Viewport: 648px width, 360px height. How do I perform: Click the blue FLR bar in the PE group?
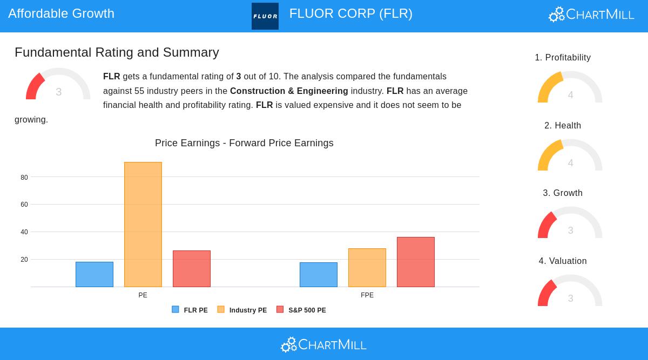point(94,274)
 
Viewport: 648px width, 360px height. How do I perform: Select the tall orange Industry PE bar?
point(143,225)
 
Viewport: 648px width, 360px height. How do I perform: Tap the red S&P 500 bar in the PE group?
point(192,269)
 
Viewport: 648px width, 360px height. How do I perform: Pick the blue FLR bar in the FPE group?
point(319,275)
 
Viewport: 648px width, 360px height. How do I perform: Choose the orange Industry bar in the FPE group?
point(367,268)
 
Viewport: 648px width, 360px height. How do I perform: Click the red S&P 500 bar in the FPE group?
point(416,262)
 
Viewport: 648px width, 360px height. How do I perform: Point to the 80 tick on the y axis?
point(24,178)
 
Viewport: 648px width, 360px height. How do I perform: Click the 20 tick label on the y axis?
point(24,260)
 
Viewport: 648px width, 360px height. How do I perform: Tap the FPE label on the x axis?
point(367,295)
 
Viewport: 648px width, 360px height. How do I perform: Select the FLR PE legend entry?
point(190,310)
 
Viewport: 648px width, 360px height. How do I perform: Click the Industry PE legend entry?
point(242,310)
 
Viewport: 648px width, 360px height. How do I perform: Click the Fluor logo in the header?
point(265,16)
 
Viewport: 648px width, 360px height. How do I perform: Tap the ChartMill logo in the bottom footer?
point(323,344)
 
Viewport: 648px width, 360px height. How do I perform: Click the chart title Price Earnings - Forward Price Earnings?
point(244,143)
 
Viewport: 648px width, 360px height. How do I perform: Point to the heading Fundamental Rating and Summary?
point(117,52)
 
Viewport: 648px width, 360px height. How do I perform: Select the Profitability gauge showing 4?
point(570,89)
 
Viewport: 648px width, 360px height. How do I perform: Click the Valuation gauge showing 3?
point(570,293)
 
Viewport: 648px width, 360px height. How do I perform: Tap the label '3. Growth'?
point(563,193)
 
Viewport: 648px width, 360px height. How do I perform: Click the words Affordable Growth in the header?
point(62,13)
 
